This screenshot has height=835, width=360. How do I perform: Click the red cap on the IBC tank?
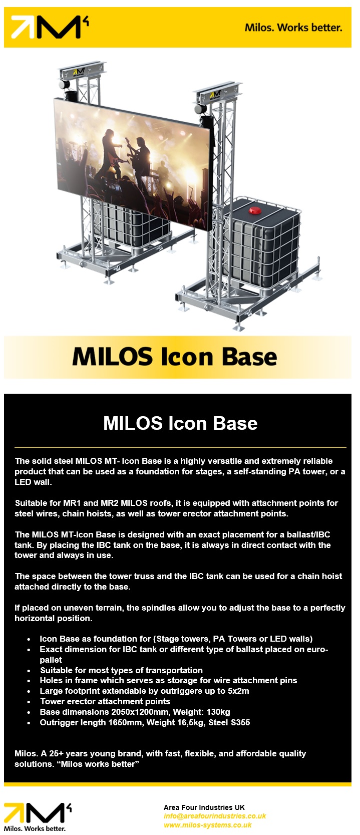coord(255,210)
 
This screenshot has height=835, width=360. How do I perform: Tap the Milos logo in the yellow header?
coord(50,27)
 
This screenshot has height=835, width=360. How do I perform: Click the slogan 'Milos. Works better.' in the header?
coord(293,28)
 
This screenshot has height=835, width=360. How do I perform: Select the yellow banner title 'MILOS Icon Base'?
coord(175,357)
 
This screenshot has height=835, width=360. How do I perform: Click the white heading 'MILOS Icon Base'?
coord(180,423)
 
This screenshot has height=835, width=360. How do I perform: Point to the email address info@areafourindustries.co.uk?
coord(215,816)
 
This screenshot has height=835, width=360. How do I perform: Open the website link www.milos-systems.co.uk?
coord(208,825)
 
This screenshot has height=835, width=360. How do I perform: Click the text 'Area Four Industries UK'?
coord(204,807)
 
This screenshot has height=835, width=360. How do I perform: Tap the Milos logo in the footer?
coord(38,817)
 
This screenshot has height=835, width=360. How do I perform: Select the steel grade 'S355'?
coord(240,722)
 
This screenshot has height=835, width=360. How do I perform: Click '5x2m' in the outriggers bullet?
coord(238,691)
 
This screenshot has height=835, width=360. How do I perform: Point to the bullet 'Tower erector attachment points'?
coord(105,701)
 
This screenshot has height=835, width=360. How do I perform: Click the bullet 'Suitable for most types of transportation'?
coord(122,670)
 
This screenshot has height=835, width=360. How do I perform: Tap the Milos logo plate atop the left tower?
coord(79,72)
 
